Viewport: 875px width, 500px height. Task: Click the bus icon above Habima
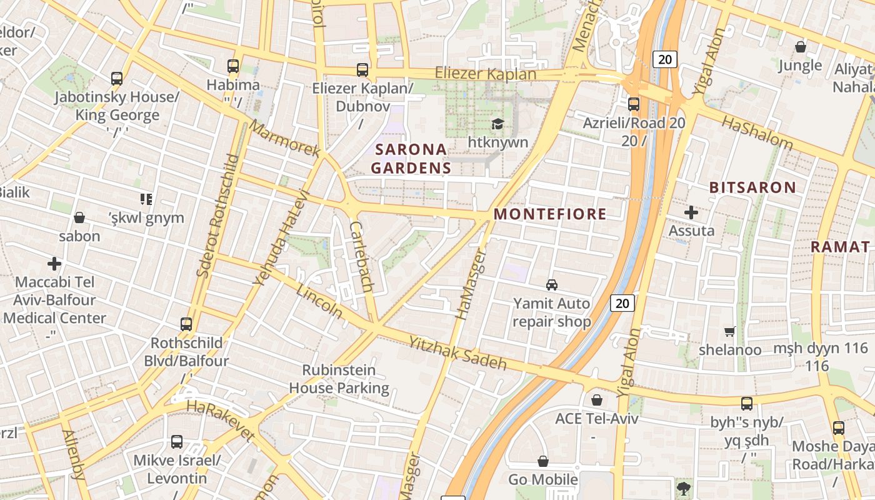(233, 66)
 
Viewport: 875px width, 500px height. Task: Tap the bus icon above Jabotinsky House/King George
(117, 78)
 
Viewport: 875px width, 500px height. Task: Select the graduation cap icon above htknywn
(497, 124)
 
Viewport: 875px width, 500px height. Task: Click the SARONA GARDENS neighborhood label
(411, 159)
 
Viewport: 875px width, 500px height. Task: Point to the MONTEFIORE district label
(550, 214)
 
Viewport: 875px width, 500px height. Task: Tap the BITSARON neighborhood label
(752, 187)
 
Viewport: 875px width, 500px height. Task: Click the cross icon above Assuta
(691, 212)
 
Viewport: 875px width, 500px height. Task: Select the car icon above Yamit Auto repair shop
(552, 285)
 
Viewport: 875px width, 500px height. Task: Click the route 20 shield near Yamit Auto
(622, 304)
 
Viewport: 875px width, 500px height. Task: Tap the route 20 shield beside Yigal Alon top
(665, 59)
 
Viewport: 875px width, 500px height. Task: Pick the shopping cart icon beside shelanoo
(729, 331)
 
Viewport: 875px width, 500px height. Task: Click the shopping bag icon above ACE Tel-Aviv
(597, 400)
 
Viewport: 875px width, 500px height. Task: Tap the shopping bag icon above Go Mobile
(542, 461)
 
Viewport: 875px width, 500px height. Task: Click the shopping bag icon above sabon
(79, 217)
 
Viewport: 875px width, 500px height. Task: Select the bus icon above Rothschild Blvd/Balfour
(186, 324)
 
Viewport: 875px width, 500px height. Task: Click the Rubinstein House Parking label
(339, 379)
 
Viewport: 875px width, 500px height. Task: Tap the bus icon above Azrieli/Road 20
(634, 104)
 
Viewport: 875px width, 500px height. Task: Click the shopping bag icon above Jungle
(800, 47)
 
